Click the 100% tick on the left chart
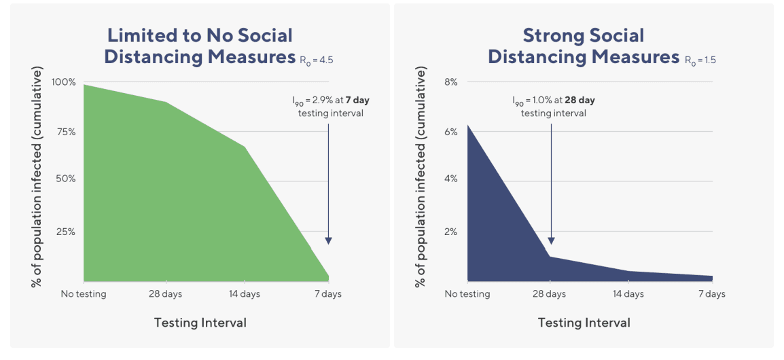[65, 82]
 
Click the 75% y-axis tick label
[67, 132]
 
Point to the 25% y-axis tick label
[67, 232]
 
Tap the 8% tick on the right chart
[452, 82]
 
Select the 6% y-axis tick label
[452, 132]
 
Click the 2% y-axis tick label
[452, 232]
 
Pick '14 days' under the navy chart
[628, 294]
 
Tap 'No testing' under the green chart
[84, 294]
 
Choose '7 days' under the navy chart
[711, 294]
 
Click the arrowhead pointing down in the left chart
[328, 240]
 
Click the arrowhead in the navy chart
[551, 240]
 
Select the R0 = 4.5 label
[316, 60]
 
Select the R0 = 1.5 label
[700, 60]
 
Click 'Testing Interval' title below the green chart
[200, 323]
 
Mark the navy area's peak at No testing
[468, 125]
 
